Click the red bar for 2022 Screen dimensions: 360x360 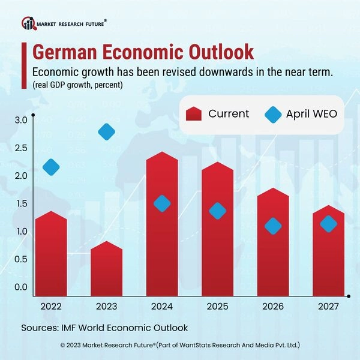tap(51, 255)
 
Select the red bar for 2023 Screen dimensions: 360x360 tap(106, 270)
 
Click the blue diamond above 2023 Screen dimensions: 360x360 tap(106, 132)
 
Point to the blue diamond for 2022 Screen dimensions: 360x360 tap(51, 167)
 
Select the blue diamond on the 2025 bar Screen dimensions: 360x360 tap(217, 211)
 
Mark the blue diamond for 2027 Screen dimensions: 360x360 tap(328, 224)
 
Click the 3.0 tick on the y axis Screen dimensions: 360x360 tap(21, 121)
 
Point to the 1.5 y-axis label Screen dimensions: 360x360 tap(21, 204)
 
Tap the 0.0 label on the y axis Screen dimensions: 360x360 tap(21, 287)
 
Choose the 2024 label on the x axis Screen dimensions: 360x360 tap(162, 307)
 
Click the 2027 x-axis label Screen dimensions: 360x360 tap(328, 307)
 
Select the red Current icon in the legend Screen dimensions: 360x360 tap(194, 114)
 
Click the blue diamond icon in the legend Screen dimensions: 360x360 tap(274, 114)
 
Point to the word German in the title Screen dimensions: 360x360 tap(64, 52)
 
